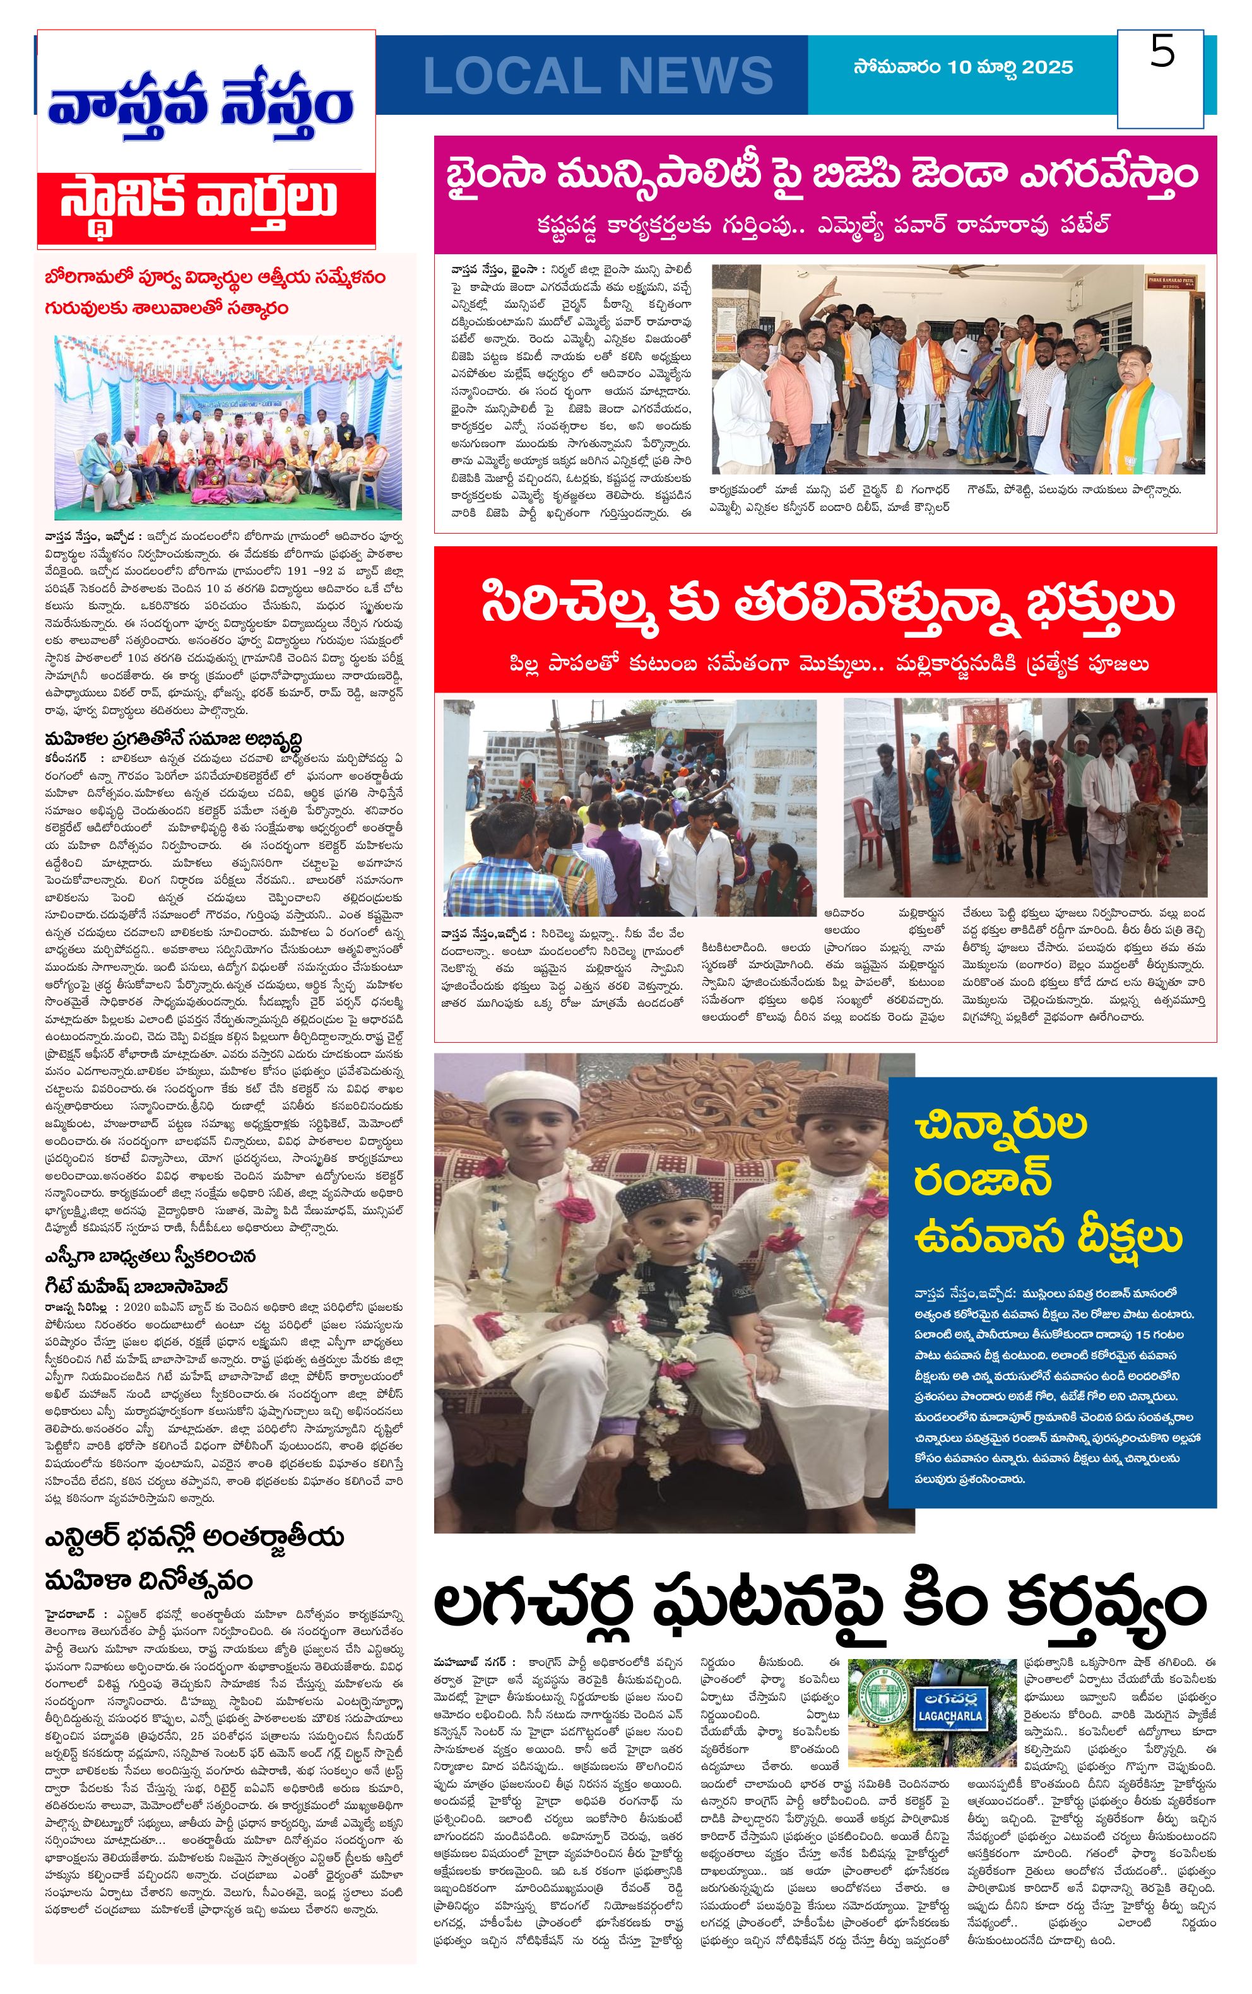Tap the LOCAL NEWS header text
[x=598, y=76]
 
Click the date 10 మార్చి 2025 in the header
[x=963, y=67]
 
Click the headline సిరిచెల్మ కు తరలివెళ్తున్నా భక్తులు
[x=827, y=604]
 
